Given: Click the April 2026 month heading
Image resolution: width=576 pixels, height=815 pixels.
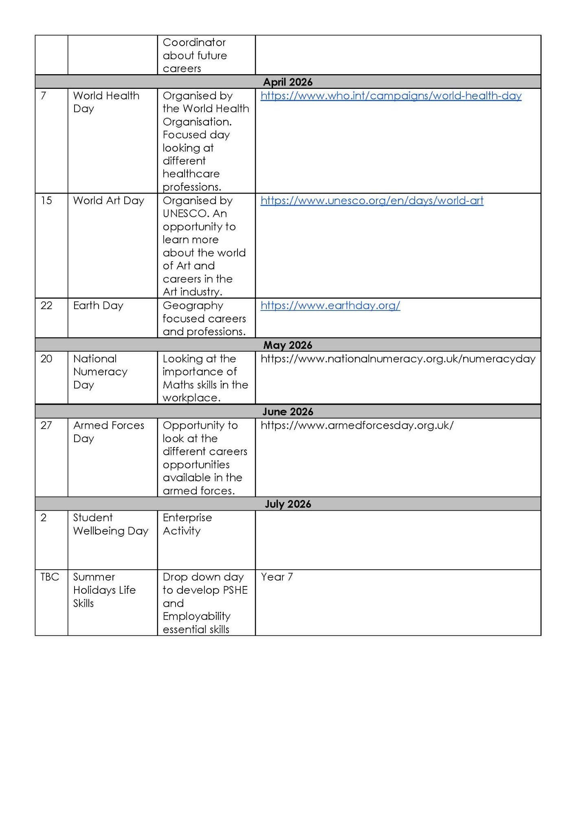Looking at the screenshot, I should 288,82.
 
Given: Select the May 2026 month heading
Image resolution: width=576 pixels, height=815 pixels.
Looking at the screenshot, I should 288,345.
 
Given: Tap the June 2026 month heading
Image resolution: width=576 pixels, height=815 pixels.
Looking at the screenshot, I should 288,412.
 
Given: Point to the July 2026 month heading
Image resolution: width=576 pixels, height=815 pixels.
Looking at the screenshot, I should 288,504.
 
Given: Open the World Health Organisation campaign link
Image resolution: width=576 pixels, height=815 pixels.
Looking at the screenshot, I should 391,96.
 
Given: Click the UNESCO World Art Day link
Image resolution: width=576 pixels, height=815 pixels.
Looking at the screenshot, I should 372,200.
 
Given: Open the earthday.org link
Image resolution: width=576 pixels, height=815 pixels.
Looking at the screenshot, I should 330,306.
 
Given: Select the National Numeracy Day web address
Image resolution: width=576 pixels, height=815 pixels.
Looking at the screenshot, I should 398,359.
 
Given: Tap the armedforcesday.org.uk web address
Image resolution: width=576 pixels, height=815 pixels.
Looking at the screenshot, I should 357,425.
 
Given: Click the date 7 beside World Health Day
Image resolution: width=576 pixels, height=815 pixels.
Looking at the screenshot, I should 44,96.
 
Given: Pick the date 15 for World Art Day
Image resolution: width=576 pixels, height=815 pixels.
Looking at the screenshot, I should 46,200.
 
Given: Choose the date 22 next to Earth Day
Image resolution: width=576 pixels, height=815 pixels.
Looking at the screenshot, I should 46,306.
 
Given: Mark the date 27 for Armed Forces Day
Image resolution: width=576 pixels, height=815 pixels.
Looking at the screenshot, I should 46,425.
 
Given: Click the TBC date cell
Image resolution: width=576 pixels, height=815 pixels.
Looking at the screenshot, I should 50,577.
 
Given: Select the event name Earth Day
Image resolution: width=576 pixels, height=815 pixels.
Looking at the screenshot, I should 98,306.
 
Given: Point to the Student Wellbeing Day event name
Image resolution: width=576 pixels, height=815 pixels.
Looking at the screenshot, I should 110,524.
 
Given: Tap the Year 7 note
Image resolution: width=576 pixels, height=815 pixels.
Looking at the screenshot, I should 277,577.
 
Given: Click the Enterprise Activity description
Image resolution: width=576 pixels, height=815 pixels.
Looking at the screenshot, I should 187,524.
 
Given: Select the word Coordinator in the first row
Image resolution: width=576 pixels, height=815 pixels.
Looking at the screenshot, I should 194,42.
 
